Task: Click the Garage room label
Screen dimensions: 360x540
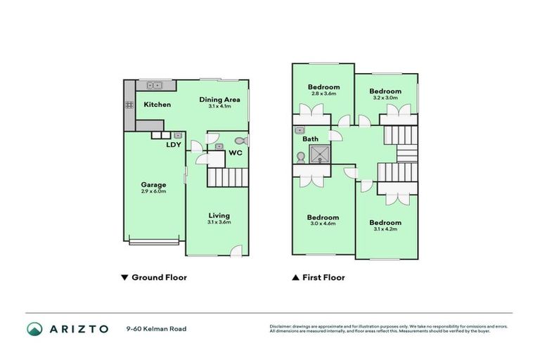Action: (153, 185)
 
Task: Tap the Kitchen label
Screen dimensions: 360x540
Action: (157, 105)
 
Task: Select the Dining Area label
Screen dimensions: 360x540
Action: (220, 99)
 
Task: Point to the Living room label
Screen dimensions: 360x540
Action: (219, 215)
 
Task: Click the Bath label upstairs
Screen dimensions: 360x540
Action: (310, 139)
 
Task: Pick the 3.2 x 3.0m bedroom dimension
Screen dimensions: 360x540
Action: (385, 98)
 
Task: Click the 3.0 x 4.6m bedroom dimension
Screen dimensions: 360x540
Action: (323, 224)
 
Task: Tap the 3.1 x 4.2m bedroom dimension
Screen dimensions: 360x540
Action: (385, 229)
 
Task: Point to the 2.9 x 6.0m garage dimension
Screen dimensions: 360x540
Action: (153, 191)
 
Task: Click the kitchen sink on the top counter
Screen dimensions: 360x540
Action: (154, 86)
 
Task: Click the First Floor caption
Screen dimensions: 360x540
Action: (323, 278)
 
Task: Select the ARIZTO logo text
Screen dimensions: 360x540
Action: (78, 328)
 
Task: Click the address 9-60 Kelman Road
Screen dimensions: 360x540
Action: (156, 328)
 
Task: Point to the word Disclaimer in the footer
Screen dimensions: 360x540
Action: (282, 326)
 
